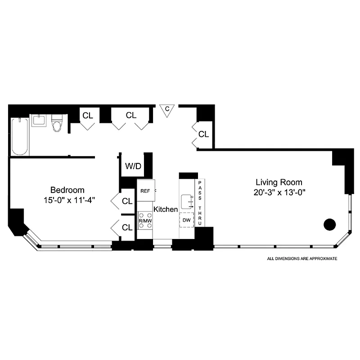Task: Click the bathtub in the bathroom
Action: (x=20, y=136)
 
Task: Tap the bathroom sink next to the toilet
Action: (x=39, y=121)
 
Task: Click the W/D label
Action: (x=133, y=166)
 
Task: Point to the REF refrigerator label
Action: (x=145, y=191)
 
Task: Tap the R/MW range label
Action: (x=145, y=221)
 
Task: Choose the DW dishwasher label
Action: (x=186, y=220)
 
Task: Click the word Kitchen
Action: (x=166, y=209)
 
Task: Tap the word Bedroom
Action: (x=67, y=190)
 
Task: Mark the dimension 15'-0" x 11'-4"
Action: (x=67, y=199)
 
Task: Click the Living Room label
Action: (x=279, y=182)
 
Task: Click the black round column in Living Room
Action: (x=330, y=224)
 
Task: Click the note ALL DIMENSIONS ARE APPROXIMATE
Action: (x=302, y=259)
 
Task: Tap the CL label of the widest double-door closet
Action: (x=131, y=115)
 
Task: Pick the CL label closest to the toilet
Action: (x=88, y=115)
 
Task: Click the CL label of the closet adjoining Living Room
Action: (x=204, y=134)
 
